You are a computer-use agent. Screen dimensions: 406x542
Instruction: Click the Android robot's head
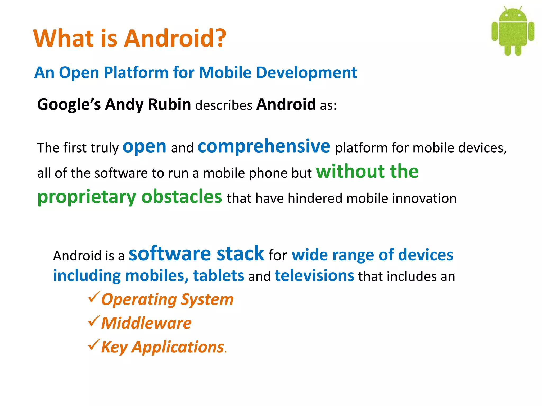[513, 15]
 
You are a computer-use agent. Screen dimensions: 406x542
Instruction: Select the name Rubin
[169, 104]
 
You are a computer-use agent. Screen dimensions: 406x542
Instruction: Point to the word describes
[224, 105]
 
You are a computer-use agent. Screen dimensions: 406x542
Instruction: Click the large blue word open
[144, 147]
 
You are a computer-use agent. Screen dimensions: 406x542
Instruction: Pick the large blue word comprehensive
[264, 146]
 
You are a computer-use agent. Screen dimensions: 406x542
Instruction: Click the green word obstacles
[182, 197]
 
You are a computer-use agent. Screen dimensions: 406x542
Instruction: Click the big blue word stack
[240, 254]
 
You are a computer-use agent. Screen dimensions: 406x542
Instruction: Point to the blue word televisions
[314, 276]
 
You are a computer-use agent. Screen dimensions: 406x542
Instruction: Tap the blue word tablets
[218, 276]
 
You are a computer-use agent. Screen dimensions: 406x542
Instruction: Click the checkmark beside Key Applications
[94, 345]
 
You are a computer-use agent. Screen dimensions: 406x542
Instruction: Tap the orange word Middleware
[146, 323]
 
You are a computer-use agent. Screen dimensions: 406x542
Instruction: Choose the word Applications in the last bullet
[178, 347]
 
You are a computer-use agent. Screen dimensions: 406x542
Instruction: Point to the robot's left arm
[495, 32]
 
